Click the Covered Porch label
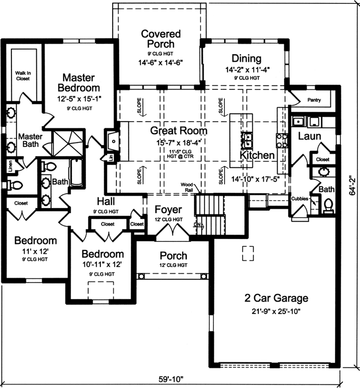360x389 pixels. [x=160, y=39]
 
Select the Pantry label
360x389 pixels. [x=314, y=100]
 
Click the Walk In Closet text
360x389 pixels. [x=22, y=76]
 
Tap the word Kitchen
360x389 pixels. [x=257, y=156]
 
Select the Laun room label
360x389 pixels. [x=309, y=136]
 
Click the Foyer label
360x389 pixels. [x=168, y=209]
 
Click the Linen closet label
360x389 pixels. [x=9, y=165]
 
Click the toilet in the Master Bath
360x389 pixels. [x=15, y=185]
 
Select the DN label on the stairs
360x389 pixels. [x=197, y=225]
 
